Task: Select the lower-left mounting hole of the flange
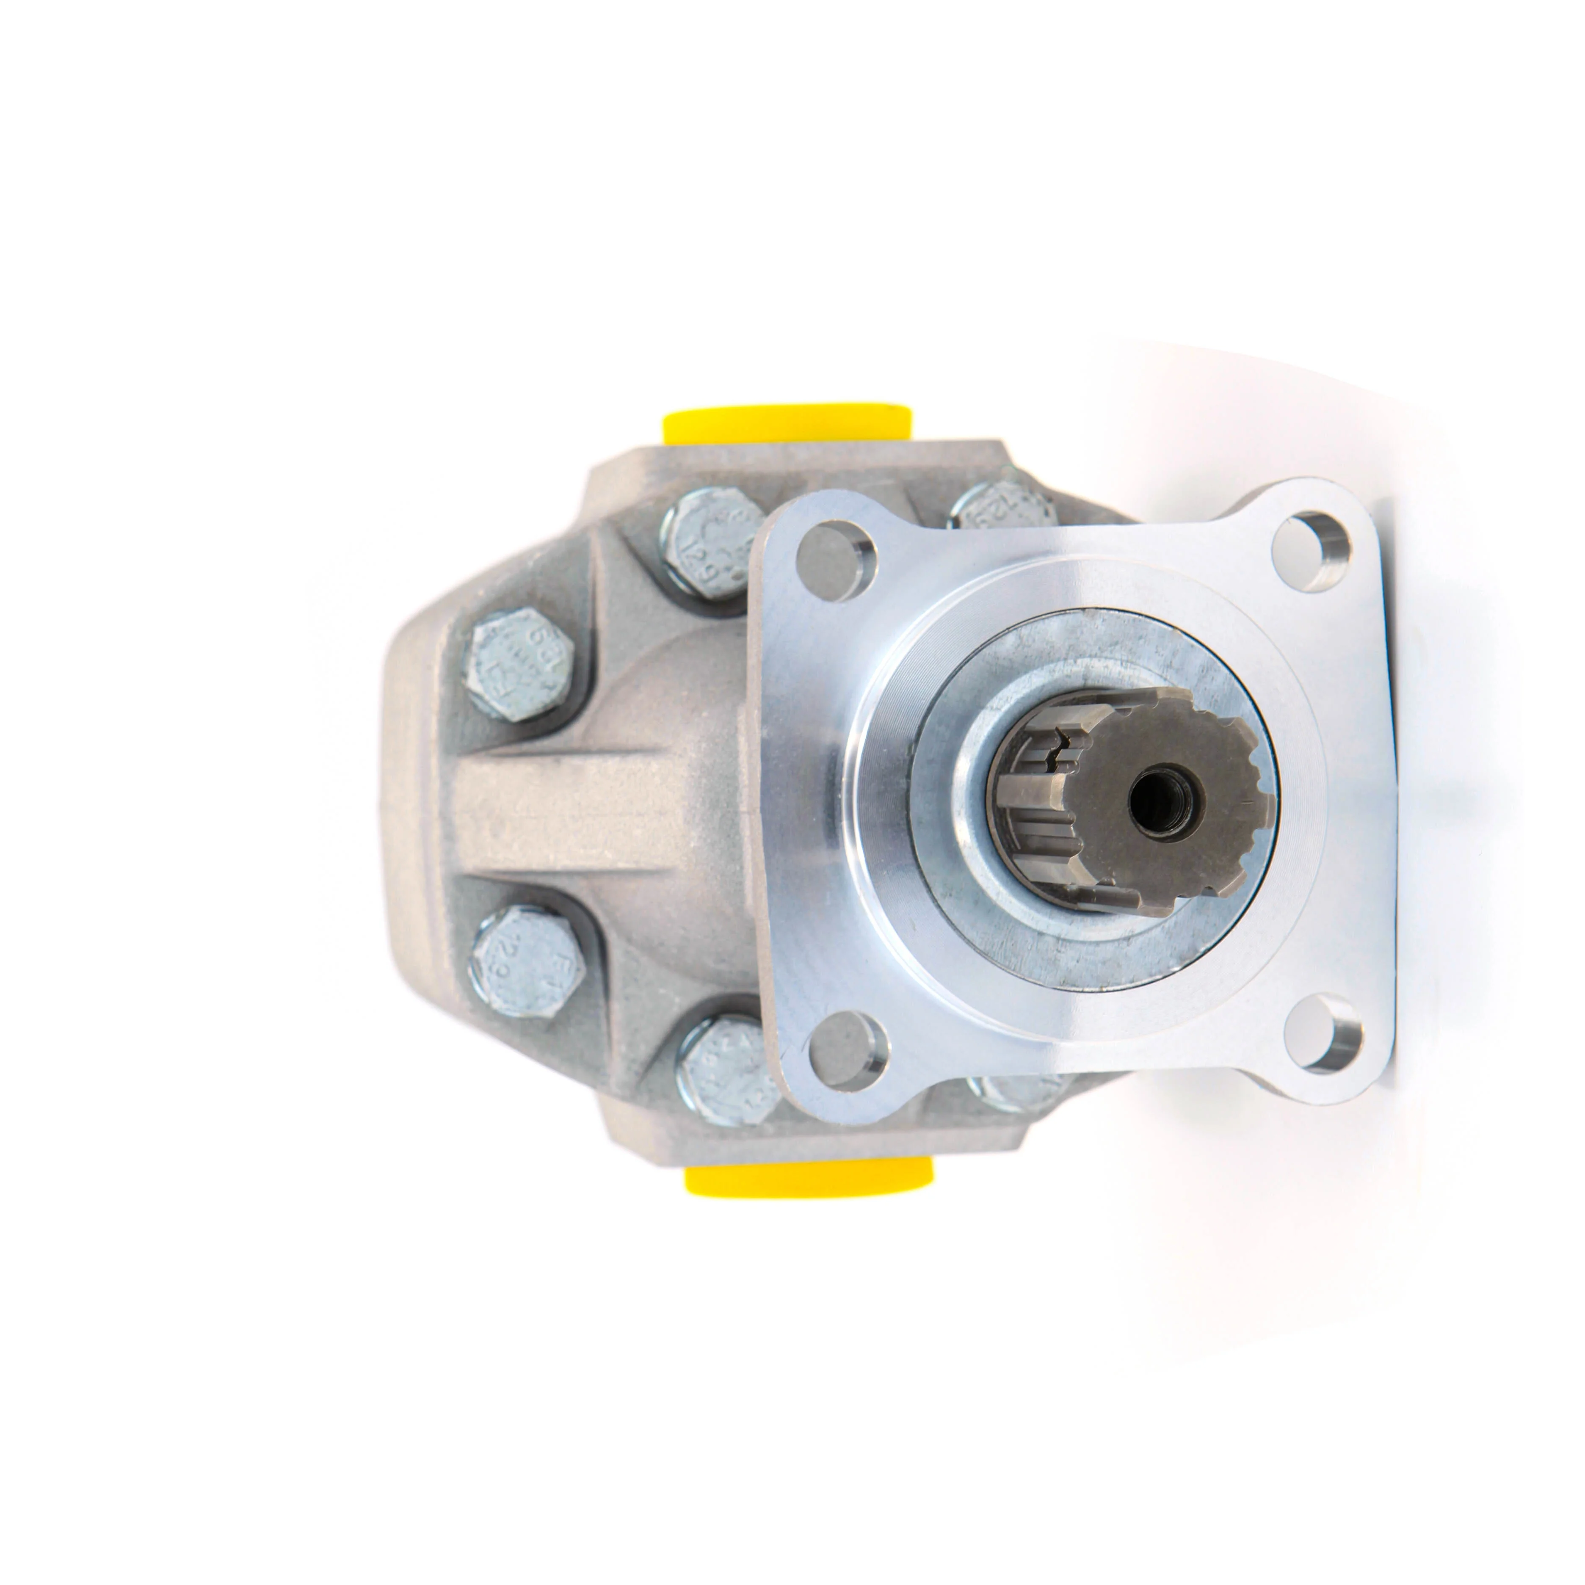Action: (849, 1050)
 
